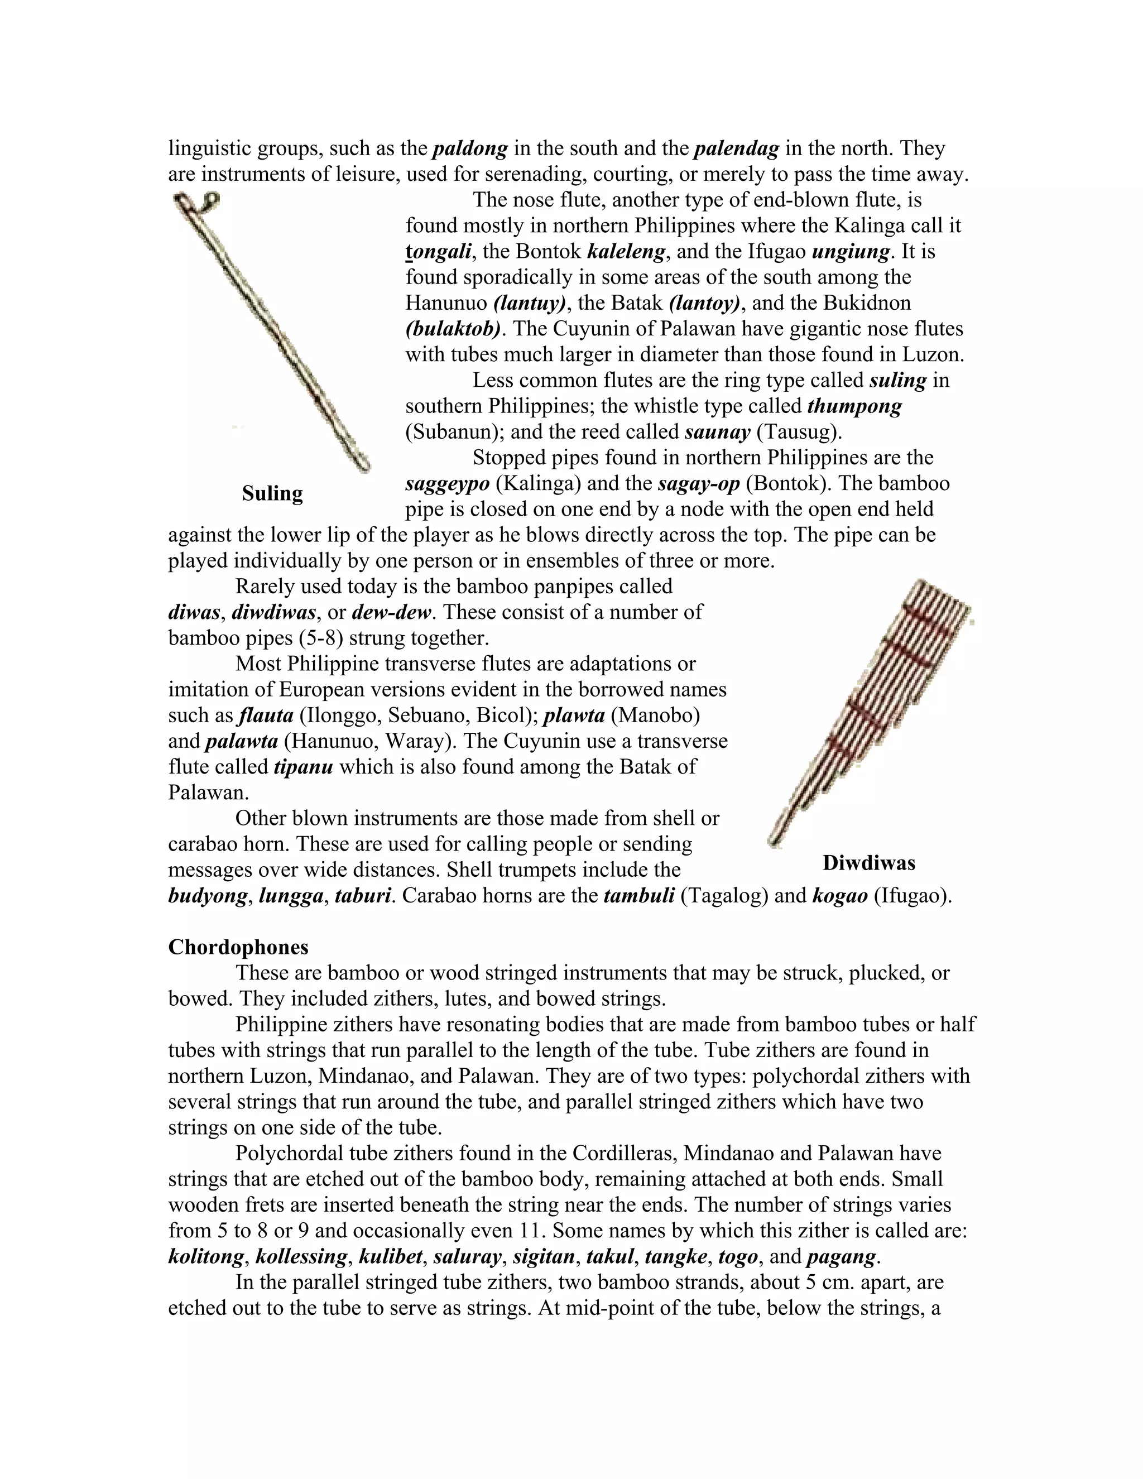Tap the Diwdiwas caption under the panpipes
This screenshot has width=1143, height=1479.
pos(869,863)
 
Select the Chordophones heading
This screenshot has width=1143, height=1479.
pos(238,946)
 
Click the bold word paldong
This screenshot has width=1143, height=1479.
pos(470,148)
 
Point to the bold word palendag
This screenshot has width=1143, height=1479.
pos(737,148)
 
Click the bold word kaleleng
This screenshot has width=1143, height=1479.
pos(627,251)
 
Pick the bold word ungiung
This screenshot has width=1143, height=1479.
pos(851,251)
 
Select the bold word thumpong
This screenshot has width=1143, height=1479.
pos(854,406)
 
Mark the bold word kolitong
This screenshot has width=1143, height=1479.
pos(206,1257)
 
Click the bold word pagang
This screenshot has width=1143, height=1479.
pos(841,1257)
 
